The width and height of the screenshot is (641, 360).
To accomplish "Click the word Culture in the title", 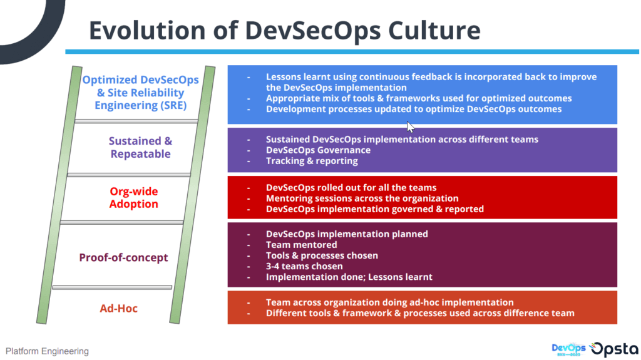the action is (434, 30).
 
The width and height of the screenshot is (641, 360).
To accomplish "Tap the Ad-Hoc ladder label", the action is (118, 308).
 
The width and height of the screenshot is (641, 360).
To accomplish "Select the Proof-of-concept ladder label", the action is (123, 257).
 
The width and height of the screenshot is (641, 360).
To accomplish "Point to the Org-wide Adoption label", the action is (134, 198).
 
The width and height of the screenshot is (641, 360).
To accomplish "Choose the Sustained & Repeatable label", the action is (141, 147).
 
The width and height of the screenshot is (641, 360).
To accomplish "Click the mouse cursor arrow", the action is (411, 127).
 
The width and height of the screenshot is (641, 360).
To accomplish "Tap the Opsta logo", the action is (614, 349).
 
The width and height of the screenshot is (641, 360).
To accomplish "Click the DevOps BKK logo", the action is (568, 349).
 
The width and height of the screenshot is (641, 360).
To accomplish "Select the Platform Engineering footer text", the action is (47, 351).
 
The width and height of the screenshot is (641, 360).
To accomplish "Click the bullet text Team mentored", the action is (302, 245).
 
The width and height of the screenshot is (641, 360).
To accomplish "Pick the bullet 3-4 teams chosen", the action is (305, 266).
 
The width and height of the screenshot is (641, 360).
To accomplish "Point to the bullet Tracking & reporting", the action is (312, 161).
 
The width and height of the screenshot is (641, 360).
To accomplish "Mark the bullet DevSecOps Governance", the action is (319, 150).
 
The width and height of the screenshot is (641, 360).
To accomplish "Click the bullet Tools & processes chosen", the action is (322, 255).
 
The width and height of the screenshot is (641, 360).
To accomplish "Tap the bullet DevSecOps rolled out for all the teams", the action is (351, 187).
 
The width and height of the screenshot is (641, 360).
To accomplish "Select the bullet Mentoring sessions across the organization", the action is (362, 198).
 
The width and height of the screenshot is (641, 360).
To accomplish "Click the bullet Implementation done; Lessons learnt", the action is (349, 277).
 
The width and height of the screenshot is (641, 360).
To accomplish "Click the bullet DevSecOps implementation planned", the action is (347, 234).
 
